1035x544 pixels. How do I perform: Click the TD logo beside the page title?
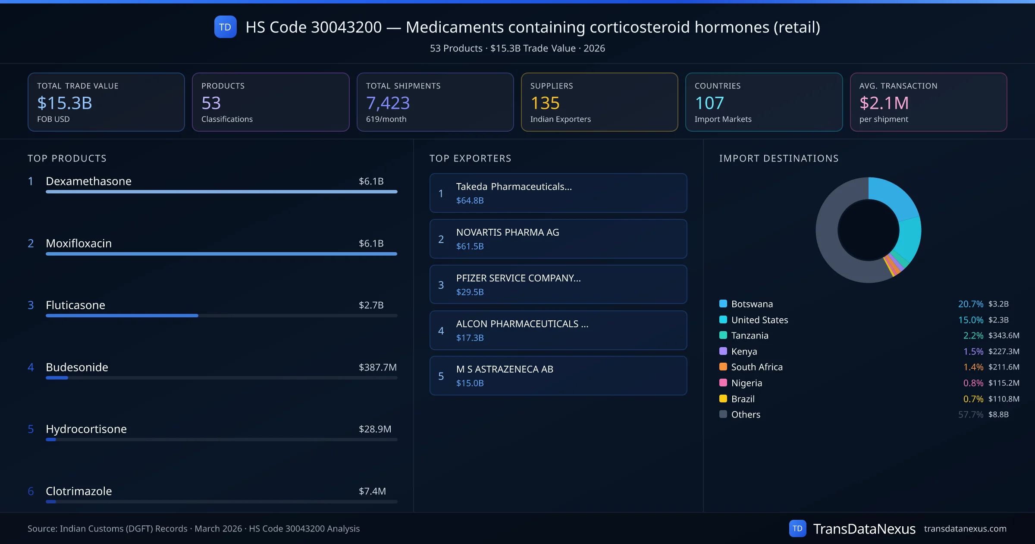225,27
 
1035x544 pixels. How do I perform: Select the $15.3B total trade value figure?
65,103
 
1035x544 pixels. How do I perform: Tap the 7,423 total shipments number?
388,103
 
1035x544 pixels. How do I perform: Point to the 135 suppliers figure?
545,103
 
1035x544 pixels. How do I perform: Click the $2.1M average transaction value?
884,103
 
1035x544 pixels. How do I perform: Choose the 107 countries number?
709,103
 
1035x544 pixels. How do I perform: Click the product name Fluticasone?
75,305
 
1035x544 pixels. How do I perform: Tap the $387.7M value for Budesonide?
377,367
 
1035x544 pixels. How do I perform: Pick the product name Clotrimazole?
79,491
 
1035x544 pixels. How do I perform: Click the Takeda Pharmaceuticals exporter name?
514,187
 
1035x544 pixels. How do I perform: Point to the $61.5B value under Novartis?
470,247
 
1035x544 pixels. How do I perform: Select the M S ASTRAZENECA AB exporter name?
505,369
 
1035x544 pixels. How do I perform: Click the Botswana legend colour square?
723,304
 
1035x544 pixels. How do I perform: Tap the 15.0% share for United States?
970,320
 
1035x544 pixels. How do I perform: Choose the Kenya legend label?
744,351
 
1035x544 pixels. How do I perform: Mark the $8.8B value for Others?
998,414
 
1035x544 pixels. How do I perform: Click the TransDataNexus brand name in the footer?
864,529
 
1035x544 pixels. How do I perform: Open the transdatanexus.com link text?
965,529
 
